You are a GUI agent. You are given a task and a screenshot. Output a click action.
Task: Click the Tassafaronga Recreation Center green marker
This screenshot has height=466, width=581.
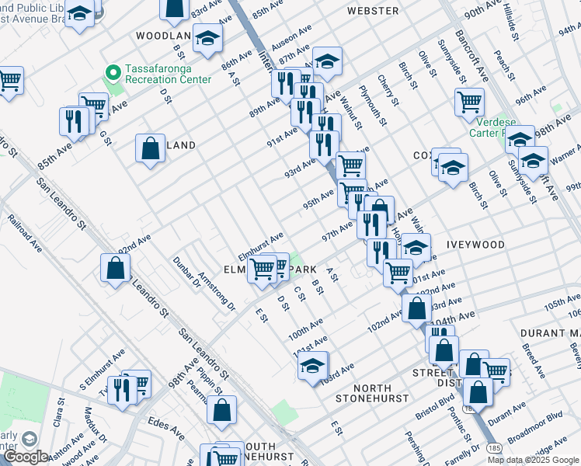(113, 73)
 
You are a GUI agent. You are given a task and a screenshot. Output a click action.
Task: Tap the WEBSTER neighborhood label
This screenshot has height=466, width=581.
(373, 11)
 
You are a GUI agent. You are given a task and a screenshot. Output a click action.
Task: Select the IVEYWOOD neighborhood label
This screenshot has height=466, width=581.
(475, 245)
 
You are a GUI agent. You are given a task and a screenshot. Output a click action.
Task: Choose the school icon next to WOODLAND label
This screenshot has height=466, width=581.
(207, 37)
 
